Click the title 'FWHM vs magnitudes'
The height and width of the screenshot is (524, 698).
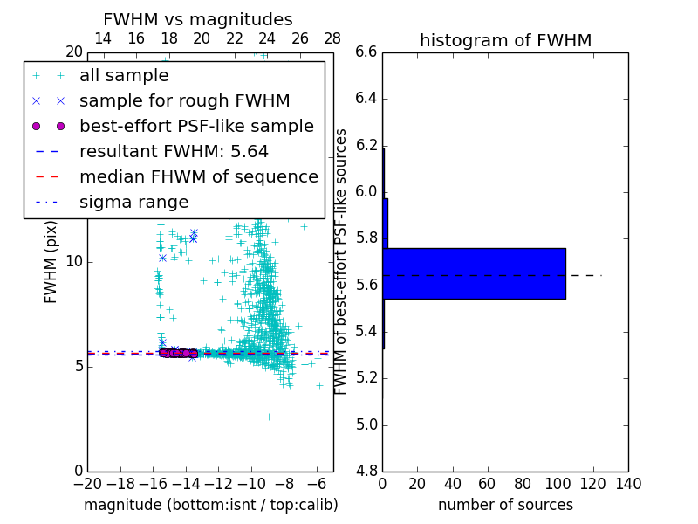pyautogui.click(x=198, y=19)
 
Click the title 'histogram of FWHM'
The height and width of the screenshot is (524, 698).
pyautogui.click(x=505, y=40)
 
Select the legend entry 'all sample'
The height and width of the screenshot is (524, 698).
pyautogui.click(x=124, y=76)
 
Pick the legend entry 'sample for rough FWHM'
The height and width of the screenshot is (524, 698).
pyautogui.click(x=184, y=101)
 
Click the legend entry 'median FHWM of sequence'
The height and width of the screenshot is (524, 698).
pyautogui.click(x=198, y=177)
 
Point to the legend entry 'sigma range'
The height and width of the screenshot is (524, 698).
pyautogui.click(x=133, y=203)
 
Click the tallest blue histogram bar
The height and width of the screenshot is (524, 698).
pyautogui.click(x=474, y=273)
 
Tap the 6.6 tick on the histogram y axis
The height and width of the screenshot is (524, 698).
pyautogui.click(x=366, y=52)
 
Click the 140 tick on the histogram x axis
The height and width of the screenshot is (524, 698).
pyautogui.click(x=628, y=484)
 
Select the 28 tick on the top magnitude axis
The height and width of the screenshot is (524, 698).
pyautogui.click(x=332, y=38)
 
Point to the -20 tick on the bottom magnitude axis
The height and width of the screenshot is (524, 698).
pyautogui.click(x=87, y=484)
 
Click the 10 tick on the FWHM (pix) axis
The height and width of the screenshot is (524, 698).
pyautogui.click(x=74, y=261)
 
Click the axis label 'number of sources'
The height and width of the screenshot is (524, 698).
pyautogui.click(x=505, y=505)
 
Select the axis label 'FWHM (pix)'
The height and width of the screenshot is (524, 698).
pyautogui.click(x=51, y=261)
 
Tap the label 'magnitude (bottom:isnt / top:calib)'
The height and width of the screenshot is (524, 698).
pyautogui.click(x=210, y=505)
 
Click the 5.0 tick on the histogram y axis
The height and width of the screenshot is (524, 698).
pyautogui.click(x=366, y=424)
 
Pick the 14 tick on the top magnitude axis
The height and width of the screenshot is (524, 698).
pyautogui.click(x=102, y=38)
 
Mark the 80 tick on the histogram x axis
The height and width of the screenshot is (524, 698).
pyautogui.click(x=523, y=484)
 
